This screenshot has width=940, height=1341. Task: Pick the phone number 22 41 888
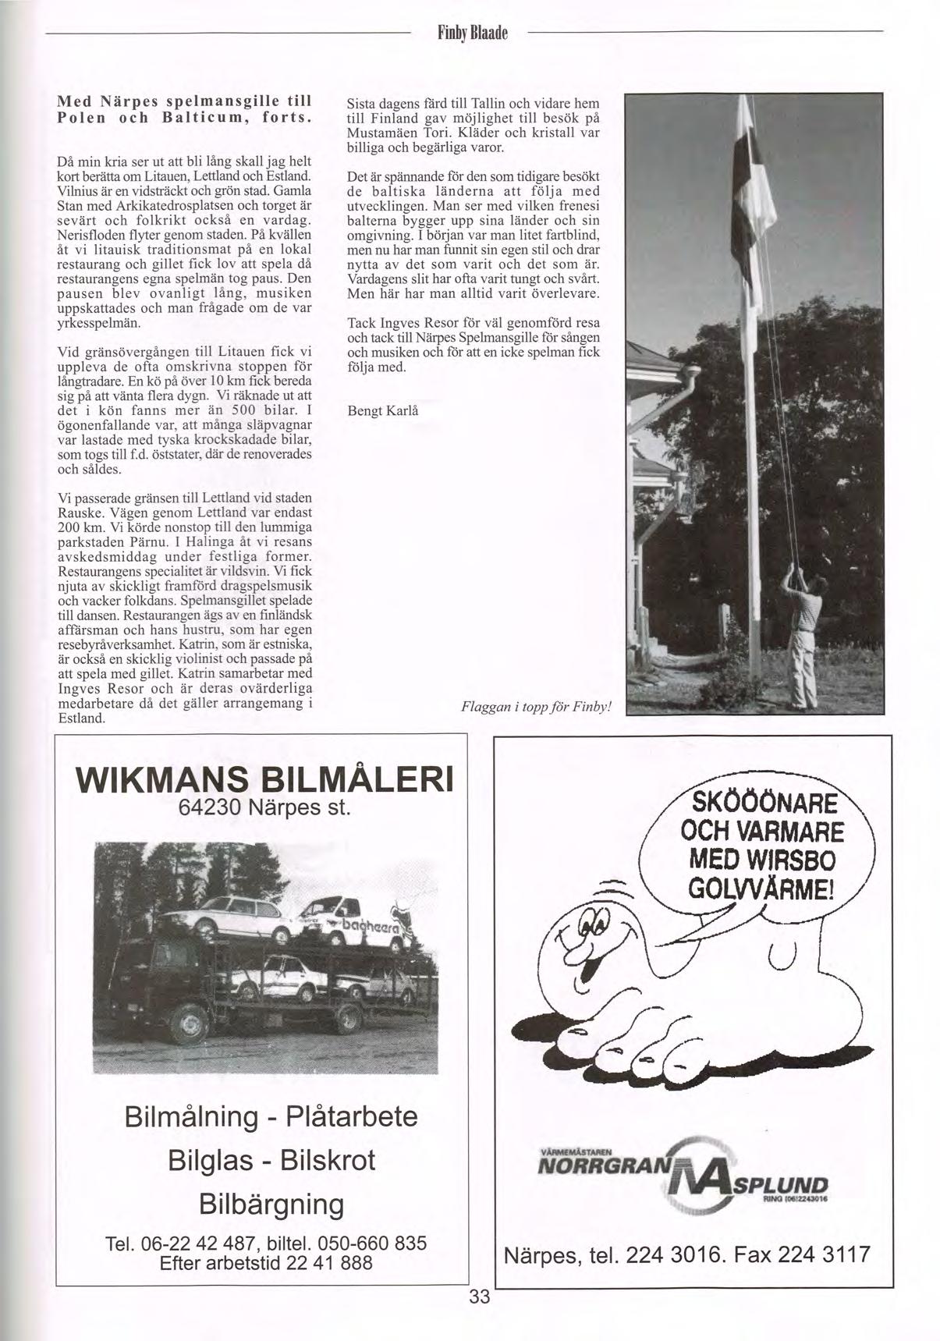[x=329, y=1263]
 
